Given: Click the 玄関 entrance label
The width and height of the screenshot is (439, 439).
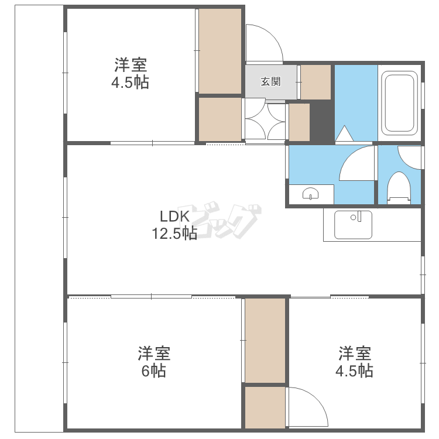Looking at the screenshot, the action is [x=270, y=82].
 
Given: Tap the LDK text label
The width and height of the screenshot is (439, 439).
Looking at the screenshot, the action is [x=174, y=217].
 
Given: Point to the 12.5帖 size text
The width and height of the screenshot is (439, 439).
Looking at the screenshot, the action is [x=174, y=233].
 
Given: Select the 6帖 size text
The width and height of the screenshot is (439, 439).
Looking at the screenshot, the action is [x=153, y=371].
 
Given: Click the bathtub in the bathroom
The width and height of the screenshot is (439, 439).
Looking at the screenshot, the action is [x=400, y=103].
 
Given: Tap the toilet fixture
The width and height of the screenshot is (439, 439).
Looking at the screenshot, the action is [x=399, y=188].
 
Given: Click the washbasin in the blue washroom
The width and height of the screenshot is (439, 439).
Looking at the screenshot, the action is [x=310, y=194].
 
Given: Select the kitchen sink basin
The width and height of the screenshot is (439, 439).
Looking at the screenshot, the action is [x=353, y=225].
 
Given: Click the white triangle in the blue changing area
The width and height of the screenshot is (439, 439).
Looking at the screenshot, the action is [x=344, y=133].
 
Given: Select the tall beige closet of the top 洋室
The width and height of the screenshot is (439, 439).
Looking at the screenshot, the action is [x=220, y=52].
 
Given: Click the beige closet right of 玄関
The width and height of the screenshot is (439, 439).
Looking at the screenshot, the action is [x=316, y=82].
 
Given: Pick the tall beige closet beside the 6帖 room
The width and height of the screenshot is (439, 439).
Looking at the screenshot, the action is [x=265, y=341].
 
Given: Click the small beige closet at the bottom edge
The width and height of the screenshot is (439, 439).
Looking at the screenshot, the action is [x=265, y=407].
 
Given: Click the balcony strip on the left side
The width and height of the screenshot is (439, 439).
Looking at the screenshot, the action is [x=39, y=219].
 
